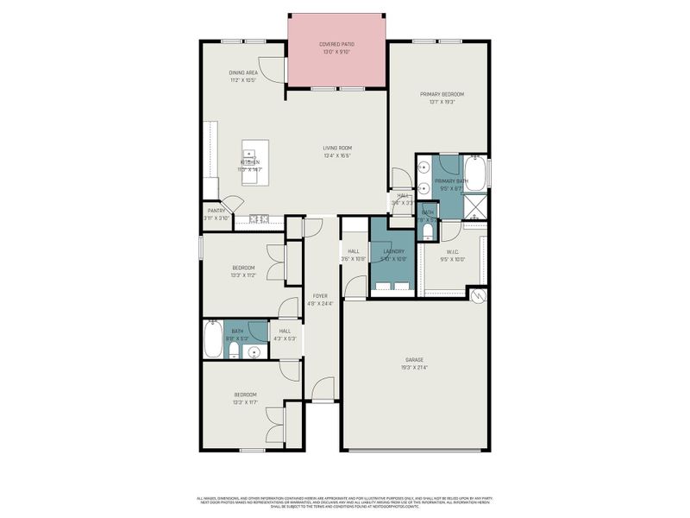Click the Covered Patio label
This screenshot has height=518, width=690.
pos(336,47)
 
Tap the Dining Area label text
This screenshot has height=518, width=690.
pos(244,76)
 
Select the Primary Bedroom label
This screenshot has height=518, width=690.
pos(442,98)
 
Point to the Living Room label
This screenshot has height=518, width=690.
pos(337,152)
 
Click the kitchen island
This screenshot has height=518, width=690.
pos(254,161)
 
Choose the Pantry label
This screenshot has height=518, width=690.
pos(216,214)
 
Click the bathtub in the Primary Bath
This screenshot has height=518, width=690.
pos(475,172)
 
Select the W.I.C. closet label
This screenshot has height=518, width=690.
pos(452,255)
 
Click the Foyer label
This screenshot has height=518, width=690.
pos(320,300)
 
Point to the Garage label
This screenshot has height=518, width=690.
pos(414,363)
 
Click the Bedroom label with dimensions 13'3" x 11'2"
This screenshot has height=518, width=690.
pos(244,271)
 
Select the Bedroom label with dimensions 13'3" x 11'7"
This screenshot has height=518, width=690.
pos(244,398)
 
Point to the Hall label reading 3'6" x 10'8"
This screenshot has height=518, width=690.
pos(354,255)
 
